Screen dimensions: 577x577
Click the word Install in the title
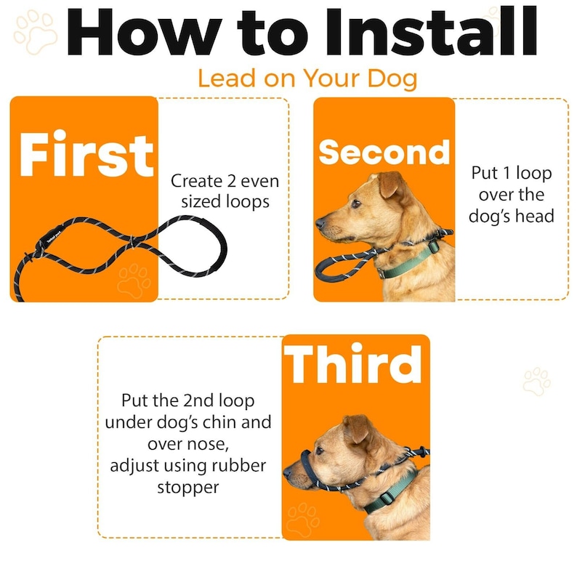(431, 32)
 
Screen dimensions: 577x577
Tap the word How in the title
(144, 32)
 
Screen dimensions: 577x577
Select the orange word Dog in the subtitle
(392, 78)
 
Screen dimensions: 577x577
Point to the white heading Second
(384, 153)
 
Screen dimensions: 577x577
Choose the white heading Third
(352, 364)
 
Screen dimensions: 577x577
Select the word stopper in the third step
(188, 488)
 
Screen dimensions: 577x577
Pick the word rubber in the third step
(238, 466)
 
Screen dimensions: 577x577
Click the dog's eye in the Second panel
(356, 203)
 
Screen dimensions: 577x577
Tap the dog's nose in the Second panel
(320, 222)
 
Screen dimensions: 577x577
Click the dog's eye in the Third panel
(319, 451)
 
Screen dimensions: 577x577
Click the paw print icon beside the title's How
(36, 32)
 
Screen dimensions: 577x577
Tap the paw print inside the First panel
(134, 281)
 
